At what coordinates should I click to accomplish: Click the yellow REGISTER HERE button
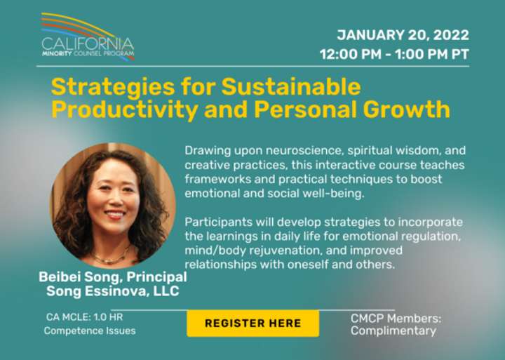252,324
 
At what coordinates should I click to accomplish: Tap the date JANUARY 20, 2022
403,35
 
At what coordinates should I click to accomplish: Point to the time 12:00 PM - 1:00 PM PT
394,54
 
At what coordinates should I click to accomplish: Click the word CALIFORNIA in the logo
88,44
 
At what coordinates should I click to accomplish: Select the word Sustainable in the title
291,87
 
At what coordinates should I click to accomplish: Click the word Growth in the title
406,109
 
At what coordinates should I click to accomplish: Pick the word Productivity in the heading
125,110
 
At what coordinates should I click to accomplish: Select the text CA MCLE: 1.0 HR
84,317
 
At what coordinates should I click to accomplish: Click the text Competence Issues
90,331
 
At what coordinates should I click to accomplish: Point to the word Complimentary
393,331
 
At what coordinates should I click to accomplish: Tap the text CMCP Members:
396,319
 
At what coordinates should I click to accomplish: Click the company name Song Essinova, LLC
113,291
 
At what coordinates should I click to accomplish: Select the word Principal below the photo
156,277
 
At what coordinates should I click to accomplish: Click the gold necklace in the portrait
111,256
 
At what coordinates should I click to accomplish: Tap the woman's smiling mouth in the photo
115,214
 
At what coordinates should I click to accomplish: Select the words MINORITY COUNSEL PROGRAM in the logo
88,53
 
